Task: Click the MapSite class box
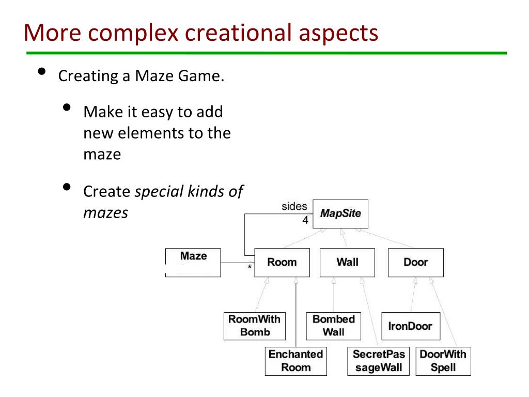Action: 340,213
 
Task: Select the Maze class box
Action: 193,262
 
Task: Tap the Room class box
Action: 282,262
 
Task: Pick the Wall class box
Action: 347,262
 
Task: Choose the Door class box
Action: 415,262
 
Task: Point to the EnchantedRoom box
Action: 296,361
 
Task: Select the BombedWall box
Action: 334,326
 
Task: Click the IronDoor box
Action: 410,326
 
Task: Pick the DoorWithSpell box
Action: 443,361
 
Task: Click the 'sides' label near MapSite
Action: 294,206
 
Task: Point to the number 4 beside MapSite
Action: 305,220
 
